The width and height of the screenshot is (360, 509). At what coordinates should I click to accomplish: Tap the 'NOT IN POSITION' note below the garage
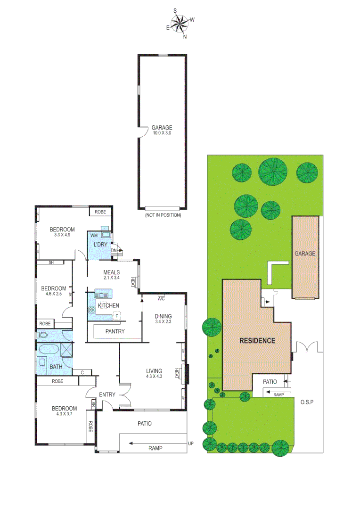162,215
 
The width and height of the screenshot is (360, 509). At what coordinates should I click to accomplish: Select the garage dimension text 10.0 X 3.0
162,133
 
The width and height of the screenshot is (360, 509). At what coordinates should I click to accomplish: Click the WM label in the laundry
94,235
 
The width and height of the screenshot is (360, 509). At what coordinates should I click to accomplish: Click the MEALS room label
112,272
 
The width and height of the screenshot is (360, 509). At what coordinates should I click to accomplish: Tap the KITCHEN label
108,305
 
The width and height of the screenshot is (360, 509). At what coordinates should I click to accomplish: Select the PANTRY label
115,331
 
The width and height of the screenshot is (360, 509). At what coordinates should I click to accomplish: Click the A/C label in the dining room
161,298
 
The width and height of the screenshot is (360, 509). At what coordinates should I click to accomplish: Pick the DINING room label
163,316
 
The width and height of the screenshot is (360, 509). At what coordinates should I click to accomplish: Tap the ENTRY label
107,394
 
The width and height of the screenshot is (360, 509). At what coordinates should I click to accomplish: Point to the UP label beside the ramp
191,444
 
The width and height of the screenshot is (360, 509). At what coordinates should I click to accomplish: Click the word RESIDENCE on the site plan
257,340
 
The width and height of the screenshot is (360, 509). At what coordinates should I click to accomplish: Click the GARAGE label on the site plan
305,254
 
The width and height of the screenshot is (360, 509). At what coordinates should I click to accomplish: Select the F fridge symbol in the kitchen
117,315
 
